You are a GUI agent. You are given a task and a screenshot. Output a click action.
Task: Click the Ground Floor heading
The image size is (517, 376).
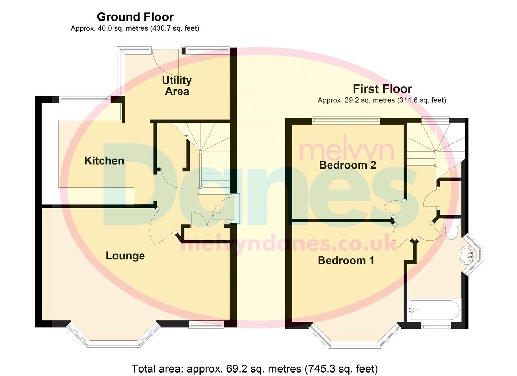(x=135, y=17)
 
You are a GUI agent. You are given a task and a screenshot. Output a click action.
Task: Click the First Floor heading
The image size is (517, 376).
(x=382, y=89)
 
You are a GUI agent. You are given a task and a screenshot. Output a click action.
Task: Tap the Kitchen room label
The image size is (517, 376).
(x=104, y=161)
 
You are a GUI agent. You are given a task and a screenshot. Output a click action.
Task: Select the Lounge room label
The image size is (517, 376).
(x=125, y=256)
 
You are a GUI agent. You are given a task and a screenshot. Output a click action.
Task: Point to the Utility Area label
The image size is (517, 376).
(x=177, y=86)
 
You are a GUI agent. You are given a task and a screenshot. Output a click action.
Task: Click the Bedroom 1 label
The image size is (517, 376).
(x=346, y=260)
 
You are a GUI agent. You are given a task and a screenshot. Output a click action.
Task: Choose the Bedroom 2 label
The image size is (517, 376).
(x=347, y=165)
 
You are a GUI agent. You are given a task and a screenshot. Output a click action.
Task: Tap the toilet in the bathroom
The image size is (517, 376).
(x=452, y=230)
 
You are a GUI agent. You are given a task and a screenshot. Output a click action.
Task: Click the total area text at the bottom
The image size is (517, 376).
(x=254, y=368)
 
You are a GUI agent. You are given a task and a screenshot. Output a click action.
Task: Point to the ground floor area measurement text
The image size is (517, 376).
(x=135, y=29)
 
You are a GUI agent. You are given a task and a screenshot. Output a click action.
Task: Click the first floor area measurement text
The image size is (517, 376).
(x=382, y=100)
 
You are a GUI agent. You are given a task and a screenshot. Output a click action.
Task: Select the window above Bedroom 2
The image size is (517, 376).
(x=345, y=120)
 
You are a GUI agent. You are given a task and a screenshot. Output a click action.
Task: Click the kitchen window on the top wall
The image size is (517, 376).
(x=85, y=99)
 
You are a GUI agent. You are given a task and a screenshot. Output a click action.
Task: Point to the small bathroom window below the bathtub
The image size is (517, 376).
(x=436, y=326)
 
